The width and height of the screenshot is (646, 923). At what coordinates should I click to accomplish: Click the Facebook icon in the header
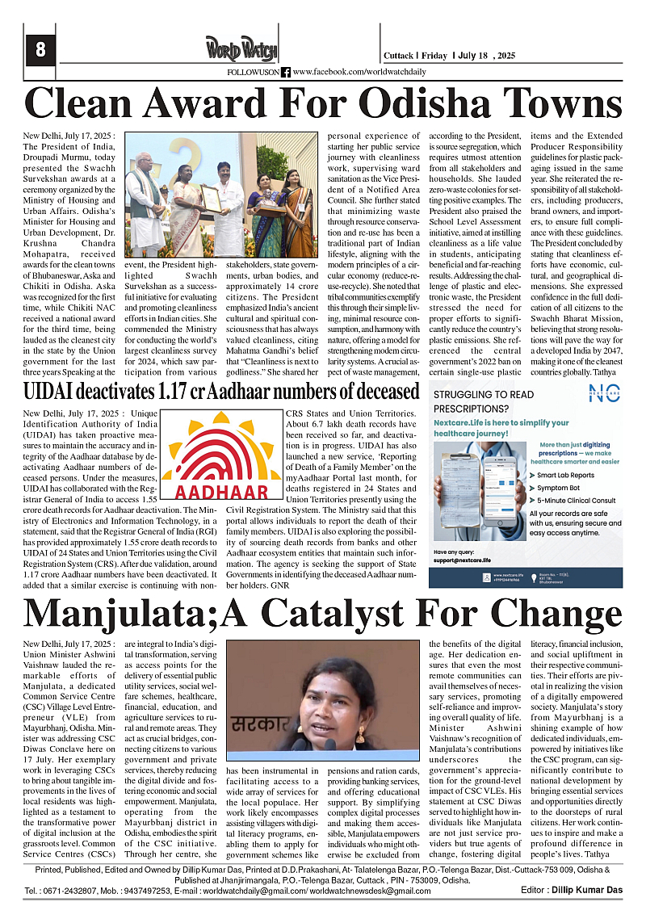286,73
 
